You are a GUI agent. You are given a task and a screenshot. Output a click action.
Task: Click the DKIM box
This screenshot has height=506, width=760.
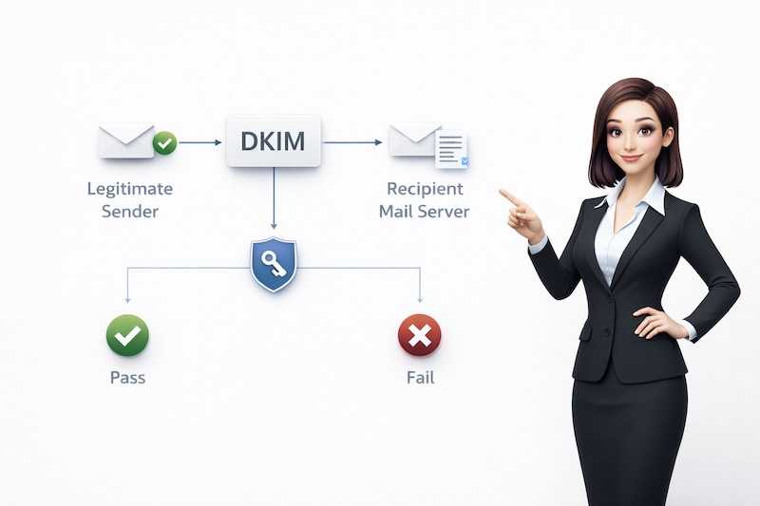click(274, 141)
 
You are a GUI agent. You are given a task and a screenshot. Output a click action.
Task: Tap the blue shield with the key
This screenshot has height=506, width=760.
click(274, 264)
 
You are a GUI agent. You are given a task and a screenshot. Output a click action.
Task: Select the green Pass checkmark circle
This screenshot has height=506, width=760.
click(127, 335)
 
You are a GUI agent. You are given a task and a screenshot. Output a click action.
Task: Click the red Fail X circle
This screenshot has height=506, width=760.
click(420, 335)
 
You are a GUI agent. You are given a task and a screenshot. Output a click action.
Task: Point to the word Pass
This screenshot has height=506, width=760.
click(127, 377)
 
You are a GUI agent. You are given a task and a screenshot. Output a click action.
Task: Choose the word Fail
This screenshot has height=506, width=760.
click(420, 377)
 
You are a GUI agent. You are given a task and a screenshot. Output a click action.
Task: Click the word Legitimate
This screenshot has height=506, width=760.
click(130, 189)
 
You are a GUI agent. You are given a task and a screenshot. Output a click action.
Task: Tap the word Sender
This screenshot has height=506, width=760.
click(130, 212)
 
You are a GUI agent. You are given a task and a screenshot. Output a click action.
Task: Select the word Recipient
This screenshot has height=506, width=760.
click(425, 188)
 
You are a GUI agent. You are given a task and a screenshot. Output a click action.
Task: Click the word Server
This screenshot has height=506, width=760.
click(445, 212)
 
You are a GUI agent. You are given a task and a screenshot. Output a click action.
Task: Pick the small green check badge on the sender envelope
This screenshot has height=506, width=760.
click(164, 142)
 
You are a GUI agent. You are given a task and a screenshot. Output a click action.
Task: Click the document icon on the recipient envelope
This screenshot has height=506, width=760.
click(451, 150)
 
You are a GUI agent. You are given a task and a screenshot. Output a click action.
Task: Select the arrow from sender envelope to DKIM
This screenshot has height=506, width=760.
click(200, 142)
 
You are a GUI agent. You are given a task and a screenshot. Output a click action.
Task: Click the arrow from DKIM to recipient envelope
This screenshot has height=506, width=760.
click(352, 142)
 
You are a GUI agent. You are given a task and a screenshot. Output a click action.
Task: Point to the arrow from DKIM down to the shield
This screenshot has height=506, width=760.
click(274, 198)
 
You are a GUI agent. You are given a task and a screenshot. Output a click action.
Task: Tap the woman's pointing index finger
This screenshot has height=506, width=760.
click(509, 196)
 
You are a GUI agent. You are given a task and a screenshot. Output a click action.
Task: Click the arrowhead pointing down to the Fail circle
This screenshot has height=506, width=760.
click(420, 299)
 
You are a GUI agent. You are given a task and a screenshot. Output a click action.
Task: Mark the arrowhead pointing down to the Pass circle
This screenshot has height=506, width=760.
click(127, 299)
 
